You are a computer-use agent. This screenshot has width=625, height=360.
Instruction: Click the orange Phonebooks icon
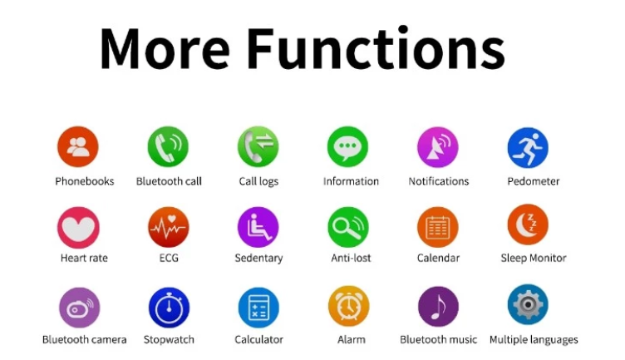pos(78,146)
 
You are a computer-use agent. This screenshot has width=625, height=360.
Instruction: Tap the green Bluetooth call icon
pos(168,146)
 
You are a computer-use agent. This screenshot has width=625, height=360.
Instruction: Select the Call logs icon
pos(258,146)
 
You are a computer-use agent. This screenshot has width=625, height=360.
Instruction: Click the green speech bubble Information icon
pos(347,146)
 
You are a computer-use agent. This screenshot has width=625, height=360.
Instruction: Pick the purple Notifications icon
pos(438,146)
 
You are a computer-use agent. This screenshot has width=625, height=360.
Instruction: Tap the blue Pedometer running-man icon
pos(528,147)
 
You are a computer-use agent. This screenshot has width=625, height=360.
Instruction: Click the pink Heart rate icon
pos(78,227)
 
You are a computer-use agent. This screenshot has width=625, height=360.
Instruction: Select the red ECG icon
pos(168,227)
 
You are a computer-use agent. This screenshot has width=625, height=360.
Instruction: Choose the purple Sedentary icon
pos(258,227)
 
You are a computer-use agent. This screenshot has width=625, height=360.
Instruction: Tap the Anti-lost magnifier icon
pos(348,227)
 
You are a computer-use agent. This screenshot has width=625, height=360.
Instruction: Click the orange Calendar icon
pos(438,227)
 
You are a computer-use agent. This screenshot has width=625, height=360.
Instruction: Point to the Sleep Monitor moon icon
pos(528,224)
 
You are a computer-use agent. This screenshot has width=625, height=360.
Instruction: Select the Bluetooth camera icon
pos(79,308)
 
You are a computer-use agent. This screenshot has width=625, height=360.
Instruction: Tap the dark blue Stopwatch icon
pos(169,308)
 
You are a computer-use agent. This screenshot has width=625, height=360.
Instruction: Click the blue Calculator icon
pos(258,308)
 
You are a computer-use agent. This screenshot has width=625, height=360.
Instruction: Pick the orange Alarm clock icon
pos(349,306)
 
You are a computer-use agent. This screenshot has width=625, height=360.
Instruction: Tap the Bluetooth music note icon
pos(438,306)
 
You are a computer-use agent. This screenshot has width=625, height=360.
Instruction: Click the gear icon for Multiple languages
pos(528,304)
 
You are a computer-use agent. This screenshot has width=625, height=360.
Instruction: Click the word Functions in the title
pos(376,48)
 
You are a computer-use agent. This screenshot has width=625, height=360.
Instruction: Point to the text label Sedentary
pos(258,258)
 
